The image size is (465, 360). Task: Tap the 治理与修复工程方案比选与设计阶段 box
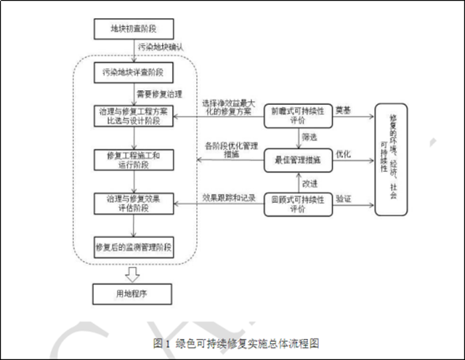(134, 116)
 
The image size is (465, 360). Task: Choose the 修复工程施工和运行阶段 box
(134, 159)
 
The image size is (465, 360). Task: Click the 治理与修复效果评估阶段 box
(134, 203)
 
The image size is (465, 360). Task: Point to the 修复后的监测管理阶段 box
(134, 247)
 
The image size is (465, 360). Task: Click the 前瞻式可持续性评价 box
(298, 116)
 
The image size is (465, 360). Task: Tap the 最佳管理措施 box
(298, 160)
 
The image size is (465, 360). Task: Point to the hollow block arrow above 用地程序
(133, 273)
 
